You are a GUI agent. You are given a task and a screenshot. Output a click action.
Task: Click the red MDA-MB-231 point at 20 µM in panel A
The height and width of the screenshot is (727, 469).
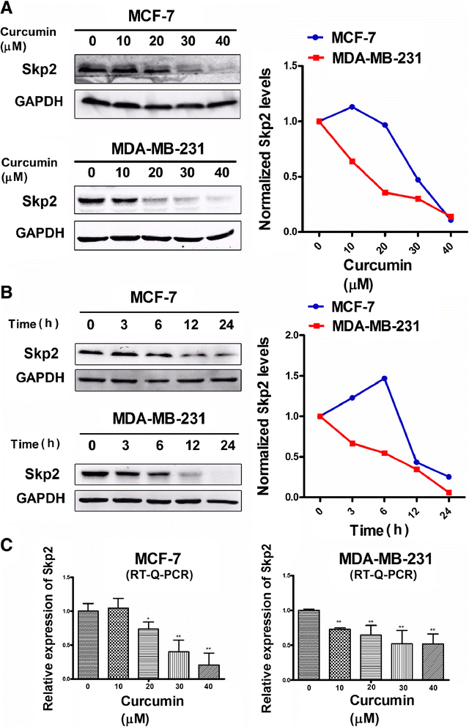pyautogui.click(x=385, y=192)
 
